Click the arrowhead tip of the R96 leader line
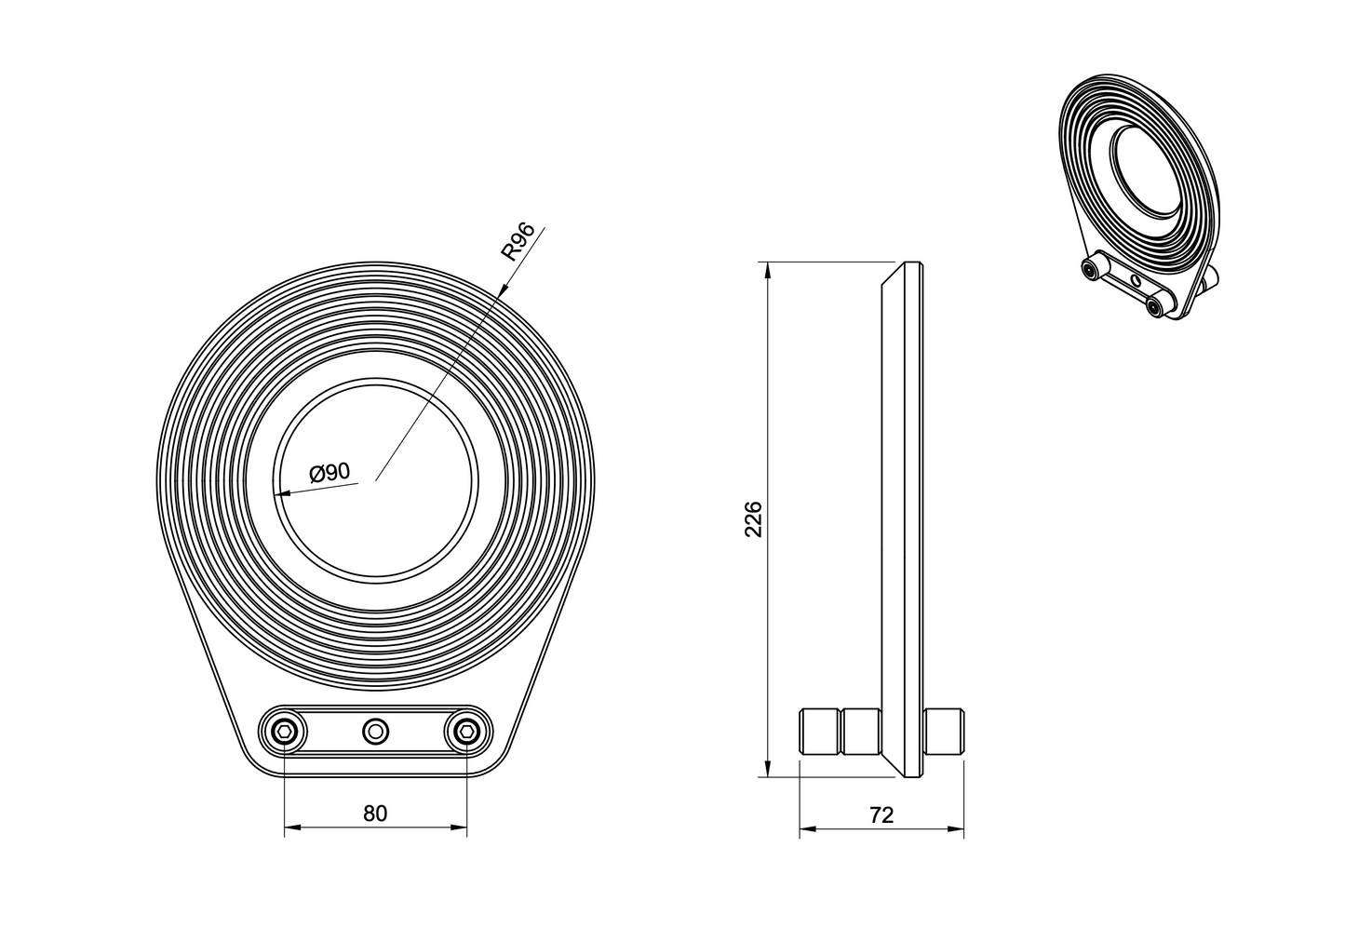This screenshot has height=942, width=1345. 498,297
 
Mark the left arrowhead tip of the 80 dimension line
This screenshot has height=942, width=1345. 285,828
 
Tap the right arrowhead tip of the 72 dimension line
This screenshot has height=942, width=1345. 963,829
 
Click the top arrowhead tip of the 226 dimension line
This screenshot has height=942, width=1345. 767,262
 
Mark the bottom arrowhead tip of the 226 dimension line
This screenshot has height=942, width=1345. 767,777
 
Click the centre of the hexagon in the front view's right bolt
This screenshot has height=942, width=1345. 466,732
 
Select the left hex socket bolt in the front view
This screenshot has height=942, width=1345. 282,732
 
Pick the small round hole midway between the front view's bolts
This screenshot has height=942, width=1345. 375,732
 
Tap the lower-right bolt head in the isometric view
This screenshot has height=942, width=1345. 1153,307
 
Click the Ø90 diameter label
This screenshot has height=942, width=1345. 330,473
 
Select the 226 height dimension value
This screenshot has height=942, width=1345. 753,519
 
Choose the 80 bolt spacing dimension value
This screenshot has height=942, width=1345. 375,814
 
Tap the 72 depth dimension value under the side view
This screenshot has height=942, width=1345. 881,814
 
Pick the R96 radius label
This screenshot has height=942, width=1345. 518,241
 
